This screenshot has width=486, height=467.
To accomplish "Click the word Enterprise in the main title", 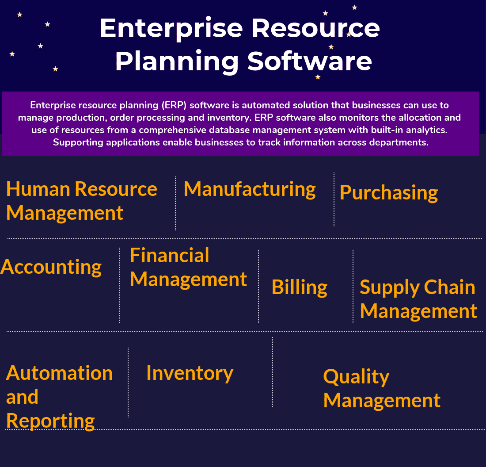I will [x=171, y=28].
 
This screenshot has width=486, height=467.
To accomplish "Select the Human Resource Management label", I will [x=81, y=201].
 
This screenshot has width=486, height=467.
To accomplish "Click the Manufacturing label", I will [x=250, y=189].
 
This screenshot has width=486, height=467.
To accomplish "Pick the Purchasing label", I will [x=389, y=193].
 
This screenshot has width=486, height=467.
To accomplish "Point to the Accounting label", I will [x=51, y=267].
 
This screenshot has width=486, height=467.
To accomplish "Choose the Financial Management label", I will [x=188, y=268].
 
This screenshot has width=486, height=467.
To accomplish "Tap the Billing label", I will [x=300, y=287].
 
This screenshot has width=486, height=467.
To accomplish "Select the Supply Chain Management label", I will [x=418, y=299].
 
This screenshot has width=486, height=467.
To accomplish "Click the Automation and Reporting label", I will [x=59, y=397].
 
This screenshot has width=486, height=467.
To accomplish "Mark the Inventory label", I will [x=190, y=373].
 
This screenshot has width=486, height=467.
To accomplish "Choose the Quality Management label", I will [x=382, y=388].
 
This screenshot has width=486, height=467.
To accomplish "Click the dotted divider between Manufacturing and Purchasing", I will [x=334, y=199].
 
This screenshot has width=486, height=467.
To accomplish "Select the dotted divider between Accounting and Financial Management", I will [x=120, y=285].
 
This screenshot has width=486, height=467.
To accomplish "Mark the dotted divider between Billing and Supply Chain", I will [x=353, y=287].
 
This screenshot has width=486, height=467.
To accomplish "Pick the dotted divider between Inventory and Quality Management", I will [x=273, y=371].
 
